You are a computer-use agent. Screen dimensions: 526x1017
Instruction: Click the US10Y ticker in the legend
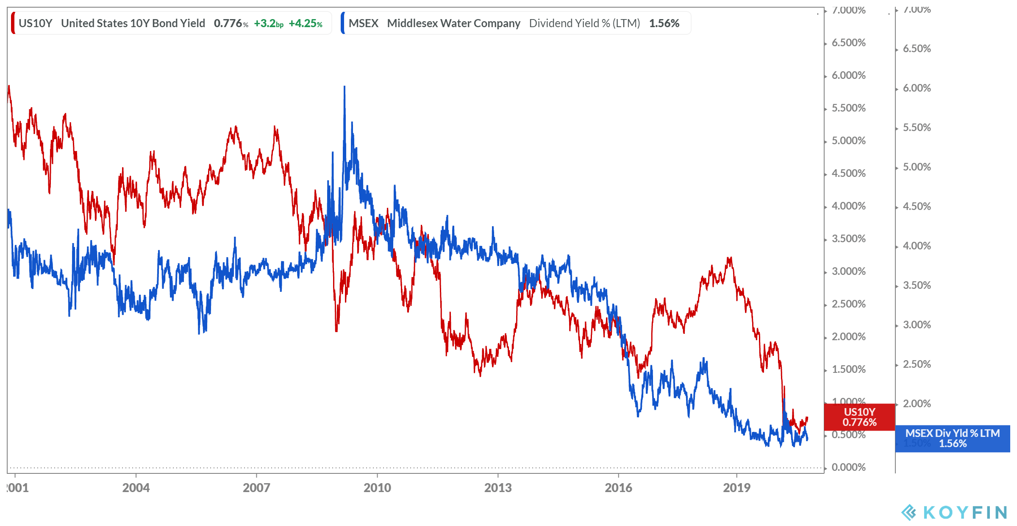(35, 23)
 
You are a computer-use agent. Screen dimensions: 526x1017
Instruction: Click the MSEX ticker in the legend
(363, 23)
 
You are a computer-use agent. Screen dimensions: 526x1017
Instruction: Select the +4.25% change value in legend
(305, 24)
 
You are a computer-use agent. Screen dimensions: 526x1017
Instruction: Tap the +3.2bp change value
(268, 24)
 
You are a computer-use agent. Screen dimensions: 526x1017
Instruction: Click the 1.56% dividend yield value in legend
(664, 23)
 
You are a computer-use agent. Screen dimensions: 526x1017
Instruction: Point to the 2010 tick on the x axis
(377, 487)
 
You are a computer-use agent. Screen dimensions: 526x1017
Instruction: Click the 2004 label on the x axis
(136, 487)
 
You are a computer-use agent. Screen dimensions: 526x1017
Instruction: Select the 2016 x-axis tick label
(618, 487)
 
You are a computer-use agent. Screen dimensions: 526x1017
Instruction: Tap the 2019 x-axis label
(736, 487)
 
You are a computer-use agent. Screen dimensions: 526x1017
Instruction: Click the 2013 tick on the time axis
(498, 487)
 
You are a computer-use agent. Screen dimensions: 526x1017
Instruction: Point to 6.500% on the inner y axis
(848, 42)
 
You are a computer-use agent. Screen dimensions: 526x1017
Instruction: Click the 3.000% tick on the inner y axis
(848, 271)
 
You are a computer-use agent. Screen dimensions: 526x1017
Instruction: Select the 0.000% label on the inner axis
(848, 467)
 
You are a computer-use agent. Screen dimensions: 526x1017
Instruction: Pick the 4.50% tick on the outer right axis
(917, 206)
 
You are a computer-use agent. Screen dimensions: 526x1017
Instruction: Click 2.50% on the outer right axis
(917, 364)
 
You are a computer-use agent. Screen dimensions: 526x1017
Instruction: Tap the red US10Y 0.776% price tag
(859, 417)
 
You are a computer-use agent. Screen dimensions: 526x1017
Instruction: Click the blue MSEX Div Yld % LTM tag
(953, 438)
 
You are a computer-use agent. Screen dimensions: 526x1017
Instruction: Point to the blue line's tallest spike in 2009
(345, 87)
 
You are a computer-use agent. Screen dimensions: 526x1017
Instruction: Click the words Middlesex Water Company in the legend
(453, 23)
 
